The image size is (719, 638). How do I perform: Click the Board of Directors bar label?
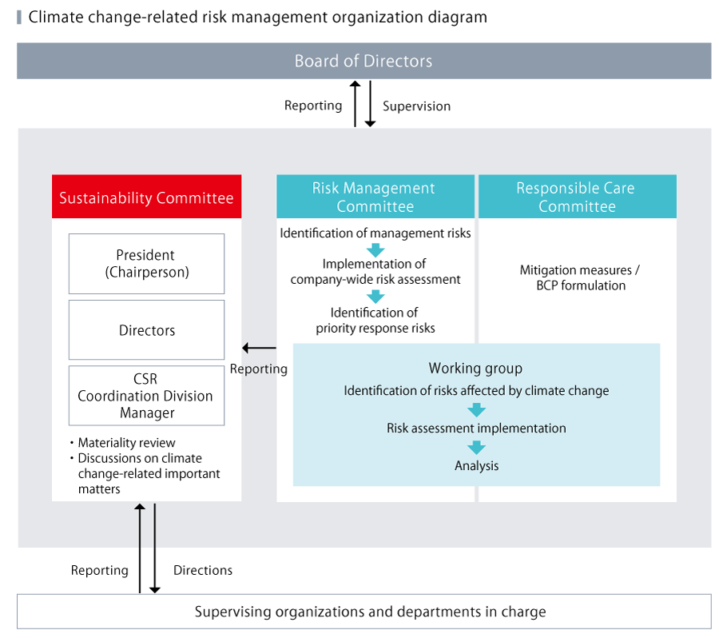point(363,62)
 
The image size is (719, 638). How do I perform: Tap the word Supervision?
point(416,106)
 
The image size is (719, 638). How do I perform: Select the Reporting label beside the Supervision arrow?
point(313,106)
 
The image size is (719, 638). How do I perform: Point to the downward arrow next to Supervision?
point(370,104)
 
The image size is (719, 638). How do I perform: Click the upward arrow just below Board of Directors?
point(356,104)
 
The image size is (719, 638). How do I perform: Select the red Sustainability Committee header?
point(146,197)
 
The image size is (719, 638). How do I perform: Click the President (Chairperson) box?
point(146,264)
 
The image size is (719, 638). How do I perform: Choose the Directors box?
point(146,330)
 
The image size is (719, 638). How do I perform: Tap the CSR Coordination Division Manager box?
point(146,396)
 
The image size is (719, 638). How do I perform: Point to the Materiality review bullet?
point(126,443)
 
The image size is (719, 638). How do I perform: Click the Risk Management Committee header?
point(375,197)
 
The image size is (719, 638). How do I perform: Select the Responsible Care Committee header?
point(576,197)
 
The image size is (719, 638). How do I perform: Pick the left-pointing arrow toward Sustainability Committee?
point(259,348)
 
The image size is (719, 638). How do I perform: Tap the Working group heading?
point(475,369)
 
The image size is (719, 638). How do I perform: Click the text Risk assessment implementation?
point(476,429)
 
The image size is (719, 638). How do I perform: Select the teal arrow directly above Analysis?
point(476,448)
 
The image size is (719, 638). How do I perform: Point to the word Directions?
point(203,571)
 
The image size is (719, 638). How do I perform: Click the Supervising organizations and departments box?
point(363,612)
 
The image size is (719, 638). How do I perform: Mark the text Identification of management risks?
point(375,233)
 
